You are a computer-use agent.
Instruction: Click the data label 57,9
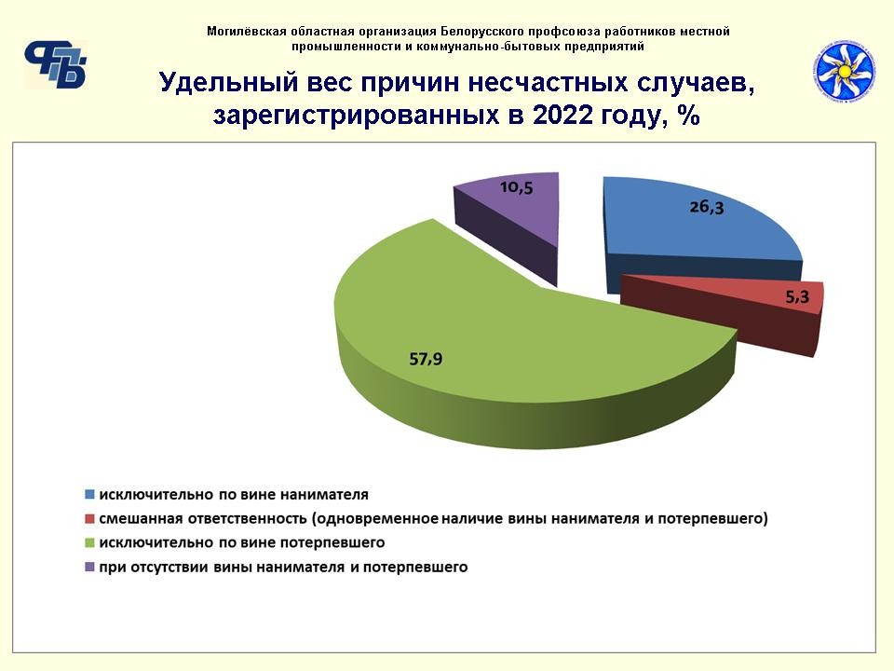pos(426,359)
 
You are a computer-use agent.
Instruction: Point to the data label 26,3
pos(707,207)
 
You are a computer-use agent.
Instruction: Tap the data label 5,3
pos(797,296)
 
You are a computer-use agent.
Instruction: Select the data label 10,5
pos(517,186)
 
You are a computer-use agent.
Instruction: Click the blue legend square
pos(89,494)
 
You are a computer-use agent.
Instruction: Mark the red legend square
pos(89,519)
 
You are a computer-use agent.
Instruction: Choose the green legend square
pos(89,542)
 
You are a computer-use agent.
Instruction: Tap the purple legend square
pos(89,568)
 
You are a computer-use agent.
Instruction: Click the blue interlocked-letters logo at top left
pos(55,64)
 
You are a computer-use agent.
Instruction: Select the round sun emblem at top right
pos(845,72)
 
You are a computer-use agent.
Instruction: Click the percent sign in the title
pos(689,115)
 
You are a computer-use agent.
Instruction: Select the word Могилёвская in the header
pos(246,32)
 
